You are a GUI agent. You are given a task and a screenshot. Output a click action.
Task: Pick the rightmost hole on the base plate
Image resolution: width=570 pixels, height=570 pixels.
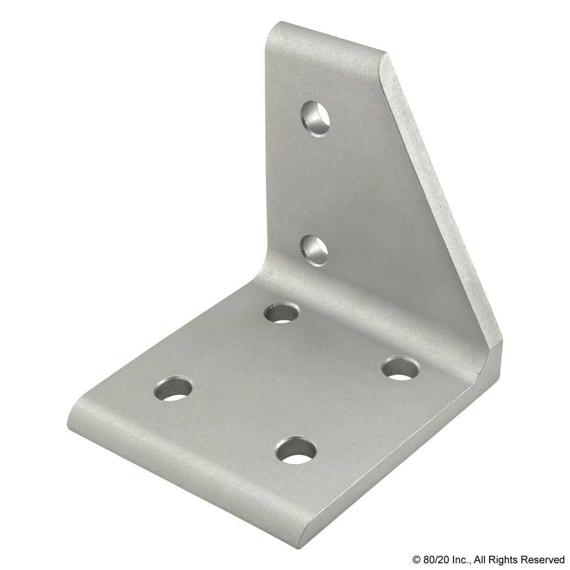point(401,368)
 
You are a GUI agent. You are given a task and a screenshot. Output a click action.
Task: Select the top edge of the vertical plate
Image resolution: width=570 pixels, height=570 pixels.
point(326,41)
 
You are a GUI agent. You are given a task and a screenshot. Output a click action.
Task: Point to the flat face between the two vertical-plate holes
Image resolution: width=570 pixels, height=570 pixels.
point(314,181)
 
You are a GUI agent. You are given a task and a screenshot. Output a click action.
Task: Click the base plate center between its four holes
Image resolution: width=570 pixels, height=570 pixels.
point(288,381)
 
